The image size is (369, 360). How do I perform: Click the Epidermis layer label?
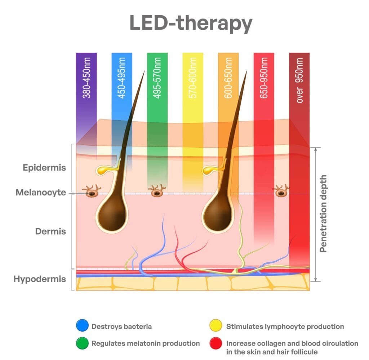coord(44,168)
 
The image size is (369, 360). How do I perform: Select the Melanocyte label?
coord(41,193)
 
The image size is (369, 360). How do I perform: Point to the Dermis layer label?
coord(50,231)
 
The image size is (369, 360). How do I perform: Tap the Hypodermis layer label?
coord(40,279)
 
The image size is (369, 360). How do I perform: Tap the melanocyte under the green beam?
coord(157,192)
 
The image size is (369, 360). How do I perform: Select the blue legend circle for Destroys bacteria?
coord(81,327)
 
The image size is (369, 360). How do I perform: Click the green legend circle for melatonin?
coord(81,343)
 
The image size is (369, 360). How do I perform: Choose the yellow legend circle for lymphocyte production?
coord(215,327)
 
